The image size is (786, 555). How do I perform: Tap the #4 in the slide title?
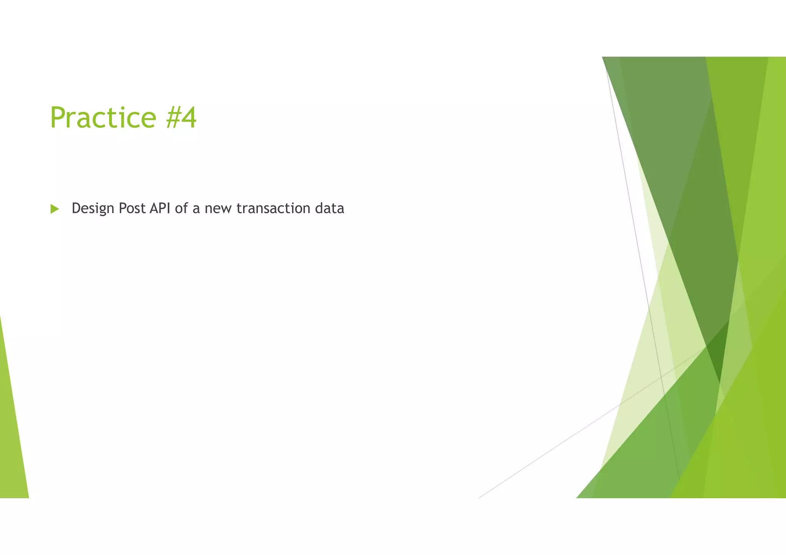182,117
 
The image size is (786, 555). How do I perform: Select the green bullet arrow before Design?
54,209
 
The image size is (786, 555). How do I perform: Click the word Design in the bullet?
93,209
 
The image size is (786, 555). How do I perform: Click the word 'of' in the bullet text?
182,209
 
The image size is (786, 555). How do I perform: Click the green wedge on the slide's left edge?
12,441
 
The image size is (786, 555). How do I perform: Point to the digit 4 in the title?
189,117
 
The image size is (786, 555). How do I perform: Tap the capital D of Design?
76,209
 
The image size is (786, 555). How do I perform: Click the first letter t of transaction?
239,209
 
